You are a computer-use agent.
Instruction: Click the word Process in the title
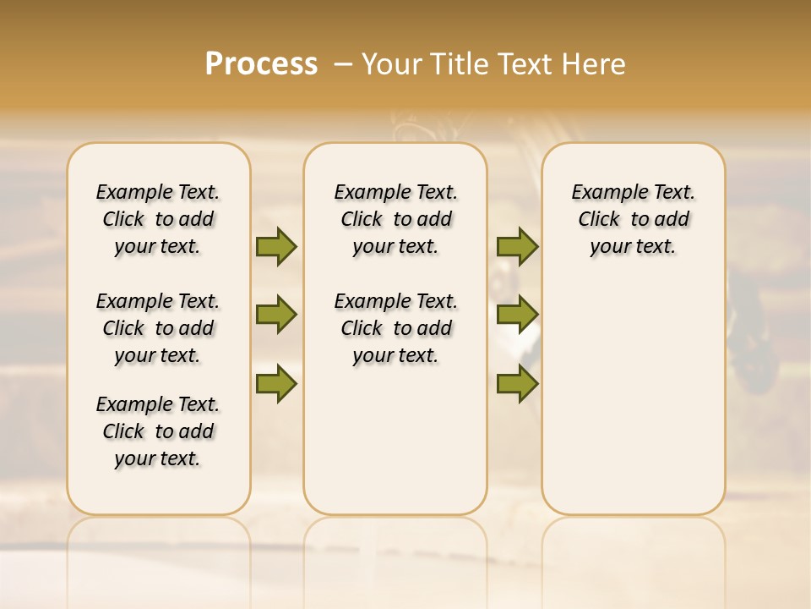pyautogui.click(x=261, y=64)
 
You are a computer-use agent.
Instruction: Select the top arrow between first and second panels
pyautogui.click(x=276, y=246)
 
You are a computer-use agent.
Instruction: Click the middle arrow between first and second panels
pyautogui.click(x=276, y=315)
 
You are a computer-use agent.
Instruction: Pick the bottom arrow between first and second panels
pyautogui.click(x=276, y=383)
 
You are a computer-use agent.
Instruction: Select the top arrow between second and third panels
pyautogui.click(x=517, y=246)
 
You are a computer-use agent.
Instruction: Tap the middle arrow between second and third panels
pyautogui.click(x=517, y=315)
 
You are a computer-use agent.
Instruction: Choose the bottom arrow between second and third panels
pyautogui.click(x=517, y=383)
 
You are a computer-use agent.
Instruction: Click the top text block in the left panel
pyautogui.click(x=158, y=219)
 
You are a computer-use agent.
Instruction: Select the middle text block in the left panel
pyautogui.click(x=158, y=328)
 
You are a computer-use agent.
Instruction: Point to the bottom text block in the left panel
pyautogui.click(x=158, y=431)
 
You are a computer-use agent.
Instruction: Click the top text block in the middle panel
pyautogui.click(x=395, y=219)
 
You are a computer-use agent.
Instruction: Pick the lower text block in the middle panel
pyautogui.click(x=395, y=328)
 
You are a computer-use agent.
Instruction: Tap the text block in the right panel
pyautogui.click(x=634, y=219)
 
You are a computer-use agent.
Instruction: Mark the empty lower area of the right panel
pyautogui.click(x=634, y=398)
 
